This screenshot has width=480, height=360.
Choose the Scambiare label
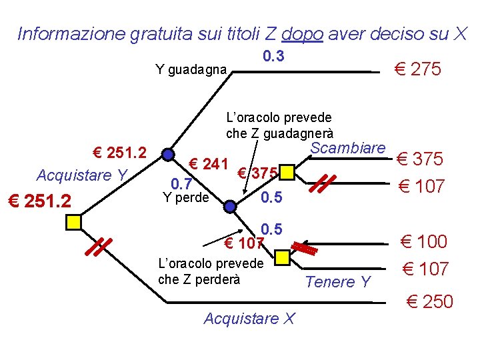(348, 147)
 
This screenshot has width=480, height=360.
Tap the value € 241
(209, 163)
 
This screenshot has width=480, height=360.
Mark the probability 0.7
(181, 183)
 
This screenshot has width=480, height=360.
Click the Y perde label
(187, 197)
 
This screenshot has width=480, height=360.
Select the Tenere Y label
(337, 282)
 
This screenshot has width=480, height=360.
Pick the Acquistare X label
(249, 319)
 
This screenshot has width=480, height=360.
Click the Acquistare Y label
(82, 175)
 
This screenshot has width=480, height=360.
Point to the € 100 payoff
(423, 241)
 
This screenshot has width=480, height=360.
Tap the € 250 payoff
(429, 302)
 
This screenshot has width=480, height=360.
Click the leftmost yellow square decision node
(73, 221)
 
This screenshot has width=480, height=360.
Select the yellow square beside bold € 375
(286, 173)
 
